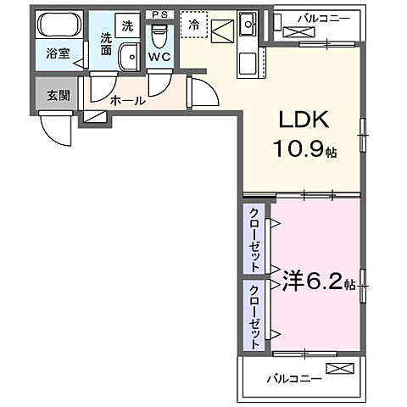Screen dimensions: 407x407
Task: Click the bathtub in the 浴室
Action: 59,25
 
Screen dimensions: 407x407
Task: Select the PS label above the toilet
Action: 159,14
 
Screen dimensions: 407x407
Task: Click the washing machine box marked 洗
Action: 128,25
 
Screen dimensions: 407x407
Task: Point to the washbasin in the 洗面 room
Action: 129,57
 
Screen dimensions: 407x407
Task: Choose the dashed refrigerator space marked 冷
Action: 194,25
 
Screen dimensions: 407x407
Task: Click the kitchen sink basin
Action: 248,24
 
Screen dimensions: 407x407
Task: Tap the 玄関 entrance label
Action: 58,96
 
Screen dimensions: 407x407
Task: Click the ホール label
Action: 128,100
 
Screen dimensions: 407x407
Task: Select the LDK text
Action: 304,120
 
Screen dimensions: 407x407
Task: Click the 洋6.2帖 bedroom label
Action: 319,282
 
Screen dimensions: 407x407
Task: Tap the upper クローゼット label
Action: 254,240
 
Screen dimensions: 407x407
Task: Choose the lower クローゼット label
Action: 254,317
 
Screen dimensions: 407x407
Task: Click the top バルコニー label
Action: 324,19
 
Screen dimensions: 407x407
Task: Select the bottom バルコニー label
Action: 294,378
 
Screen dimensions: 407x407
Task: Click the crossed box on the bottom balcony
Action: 340,368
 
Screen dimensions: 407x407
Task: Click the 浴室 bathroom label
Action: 58,53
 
